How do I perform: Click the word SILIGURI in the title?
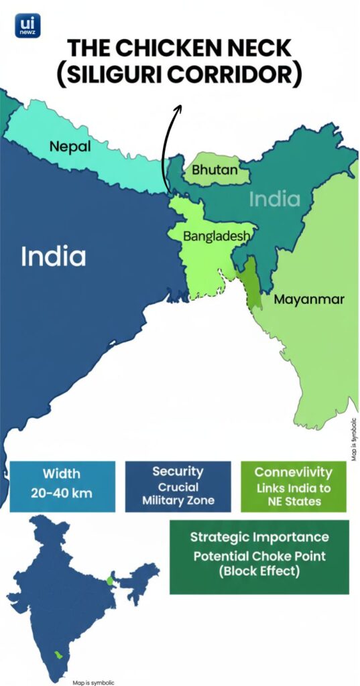125,73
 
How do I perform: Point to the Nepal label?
70,146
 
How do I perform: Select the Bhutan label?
215,169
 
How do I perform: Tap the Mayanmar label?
309,299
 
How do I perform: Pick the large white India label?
53,257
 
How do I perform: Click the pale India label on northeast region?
274,199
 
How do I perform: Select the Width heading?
62,474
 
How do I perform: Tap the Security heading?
178,471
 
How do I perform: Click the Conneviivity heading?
293,471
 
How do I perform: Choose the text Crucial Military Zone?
178,494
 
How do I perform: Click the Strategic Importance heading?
259,537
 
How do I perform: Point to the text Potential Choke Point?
259,556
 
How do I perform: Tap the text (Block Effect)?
259,573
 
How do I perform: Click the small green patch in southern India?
58,651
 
